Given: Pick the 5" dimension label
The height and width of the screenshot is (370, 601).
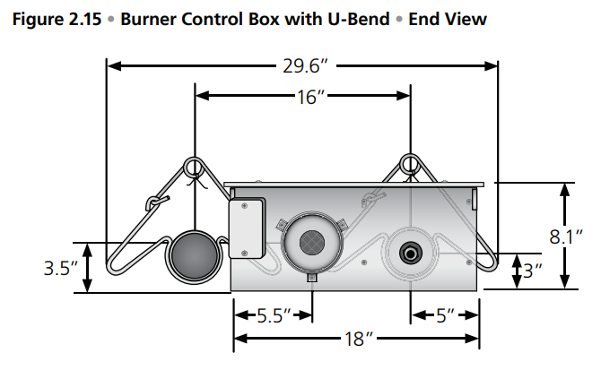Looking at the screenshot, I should coord(443,315).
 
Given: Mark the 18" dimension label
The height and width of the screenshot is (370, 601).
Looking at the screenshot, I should coord(356,339).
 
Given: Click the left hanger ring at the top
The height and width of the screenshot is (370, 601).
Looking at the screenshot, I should coord(194,166).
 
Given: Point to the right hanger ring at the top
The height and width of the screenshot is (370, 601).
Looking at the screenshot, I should coord(410,165).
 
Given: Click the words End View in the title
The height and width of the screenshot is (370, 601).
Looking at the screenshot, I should coord(448,19).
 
